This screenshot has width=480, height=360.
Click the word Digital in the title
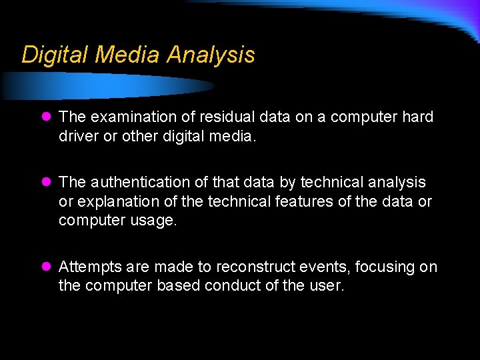(x=55, y=55)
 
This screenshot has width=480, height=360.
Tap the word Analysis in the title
(x=211, y=55)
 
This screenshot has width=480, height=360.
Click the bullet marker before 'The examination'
(x=45, y=117)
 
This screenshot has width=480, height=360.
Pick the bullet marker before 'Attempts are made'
(x=45, y=267)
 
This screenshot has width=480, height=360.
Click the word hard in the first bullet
(x=418, y=117)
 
